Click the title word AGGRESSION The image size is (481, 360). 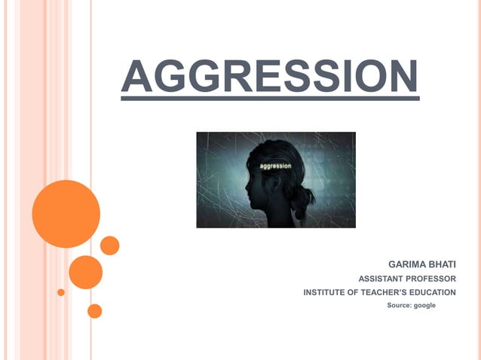pos(269,75)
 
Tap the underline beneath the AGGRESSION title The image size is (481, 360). pos(269,96)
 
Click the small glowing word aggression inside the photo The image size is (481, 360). pos(274,165)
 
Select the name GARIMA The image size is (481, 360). pos(406,264)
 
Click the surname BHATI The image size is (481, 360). pos(442,264)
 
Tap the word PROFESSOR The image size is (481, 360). pos(432,279)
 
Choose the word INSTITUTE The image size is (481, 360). pos(326,292)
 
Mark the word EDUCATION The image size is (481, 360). pos(433,292)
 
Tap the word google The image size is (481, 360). pos(424,305)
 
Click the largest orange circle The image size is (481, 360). pos(66,214)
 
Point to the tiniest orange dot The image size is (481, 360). pos(61,292)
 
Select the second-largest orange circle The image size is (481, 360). pos(85,272)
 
